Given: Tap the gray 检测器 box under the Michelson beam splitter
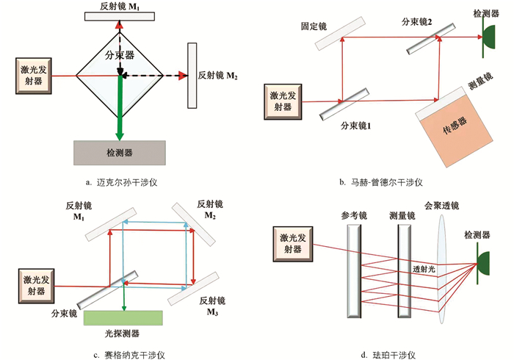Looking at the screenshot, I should [x=119, y=152].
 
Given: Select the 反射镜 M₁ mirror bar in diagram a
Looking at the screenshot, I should [x=120, y=15].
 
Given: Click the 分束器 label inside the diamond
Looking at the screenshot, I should [x=120, y=55].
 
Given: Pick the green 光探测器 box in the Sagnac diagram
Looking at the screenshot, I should [x=122, y=318].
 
